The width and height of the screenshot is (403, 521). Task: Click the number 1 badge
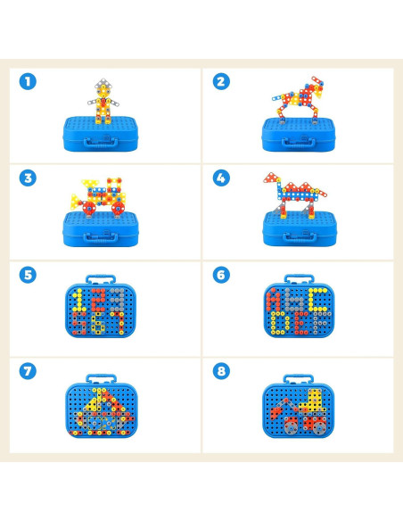coord(29,81)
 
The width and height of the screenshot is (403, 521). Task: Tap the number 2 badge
coord(221,81)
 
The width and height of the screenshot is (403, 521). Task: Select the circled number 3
coord(29,178)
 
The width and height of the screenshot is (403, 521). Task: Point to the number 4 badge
coord(221,178)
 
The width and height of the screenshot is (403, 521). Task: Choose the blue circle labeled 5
coord(29,274)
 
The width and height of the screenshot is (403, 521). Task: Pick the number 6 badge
coord(221,274)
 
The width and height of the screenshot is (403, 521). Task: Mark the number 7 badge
coord(29,370)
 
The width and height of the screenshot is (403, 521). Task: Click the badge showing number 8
coord(221,370)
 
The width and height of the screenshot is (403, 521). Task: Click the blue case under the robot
coord(103,133)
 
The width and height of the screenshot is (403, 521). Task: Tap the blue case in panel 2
coord(296,134)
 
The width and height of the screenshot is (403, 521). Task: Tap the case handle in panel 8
coord(296,379)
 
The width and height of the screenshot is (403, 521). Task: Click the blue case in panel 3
coord(103,230)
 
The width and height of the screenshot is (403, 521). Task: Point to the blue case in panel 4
coord(296,230)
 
